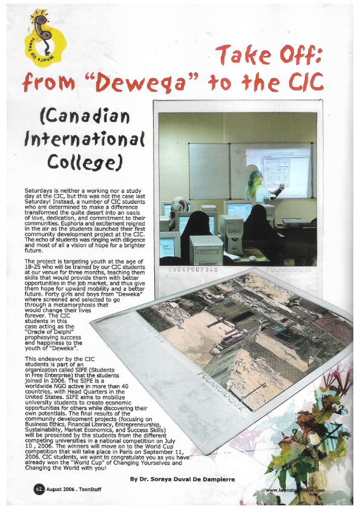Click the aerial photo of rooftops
(242, 339)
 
